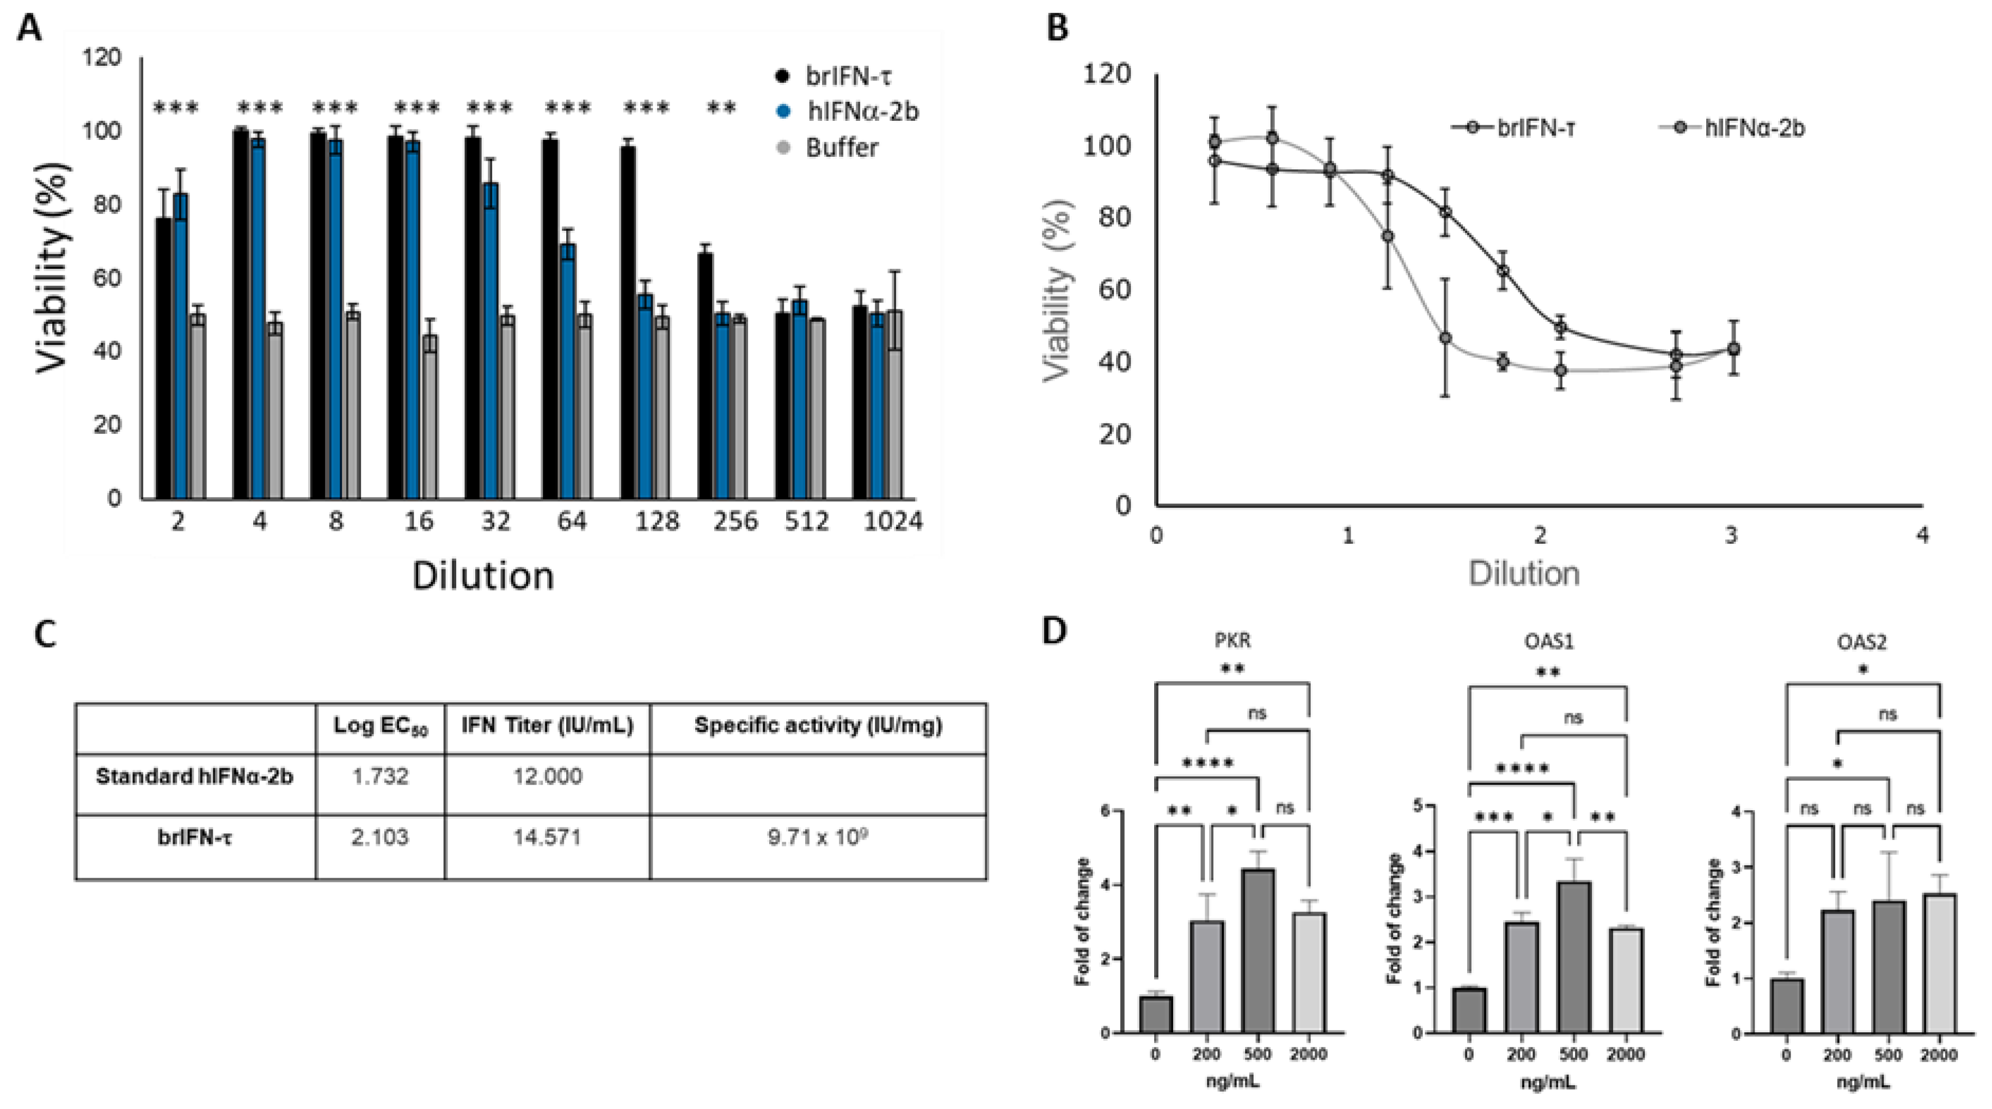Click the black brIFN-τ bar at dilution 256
pyautogui.click(x=704, y=377)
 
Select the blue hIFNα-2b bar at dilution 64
pyautogui.click(x=568, y=372)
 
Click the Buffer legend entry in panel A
pyautogui.click(x=841, y=148)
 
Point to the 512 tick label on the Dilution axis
pyautogui.click(x=806, y=521)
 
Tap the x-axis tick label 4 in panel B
pyautogui.click(x=1922, y=535)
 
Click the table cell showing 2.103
pyautogui.click(x=379, y=837)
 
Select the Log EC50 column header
pyautogui.click(x=379, y=727)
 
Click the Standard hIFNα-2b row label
pyautogui.click(x=195, y=776)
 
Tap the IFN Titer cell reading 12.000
pyautogui.click(x=548, y=776)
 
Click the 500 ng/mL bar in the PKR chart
pyautogui.click(x=1258, y=951)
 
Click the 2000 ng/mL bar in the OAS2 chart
pyautogui.click(x=1939, y=964)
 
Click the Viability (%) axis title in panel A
pyautogui.click(x=53, y=267)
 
